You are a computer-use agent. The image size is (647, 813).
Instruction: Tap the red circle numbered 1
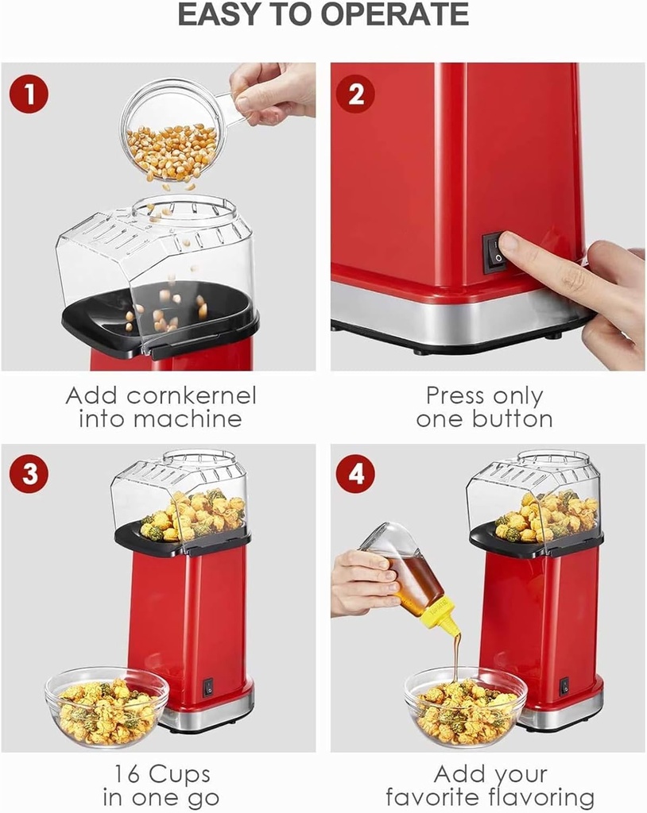pyautogui.click(x=29, y=94)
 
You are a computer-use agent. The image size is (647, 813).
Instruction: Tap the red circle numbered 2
pyautogui.click(x=355, y=94)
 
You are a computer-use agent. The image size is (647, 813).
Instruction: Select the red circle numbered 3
pyautogui.click(x=29, y=474)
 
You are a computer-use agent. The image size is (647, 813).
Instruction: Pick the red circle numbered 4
pyautogui.click(x=355, y=474)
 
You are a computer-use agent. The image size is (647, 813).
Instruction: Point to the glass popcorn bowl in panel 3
pyautogui.click(x=107, y=706)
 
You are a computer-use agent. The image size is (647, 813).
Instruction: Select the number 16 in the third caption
pyautogui.click(x=129, y=773)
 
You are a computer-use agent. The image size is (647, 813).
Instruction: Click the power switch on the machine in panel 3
pyautogui.click(x=208, y=687)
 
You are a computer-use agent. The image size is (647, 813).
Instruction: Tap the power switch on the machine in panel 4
pyautogui.click(x=564, y=686)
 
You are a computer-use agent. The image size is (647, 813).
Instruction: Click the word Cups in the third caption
pyautogui.click(x=183, y=773)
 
